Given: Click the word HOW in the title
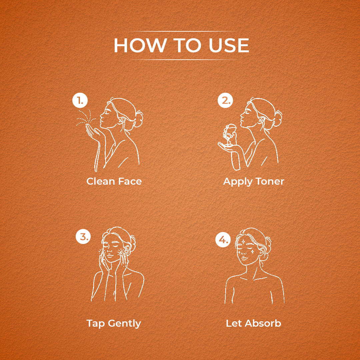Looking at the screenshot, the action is click(x=140, y=45).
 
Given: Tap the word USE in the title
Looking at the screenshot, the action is click(x=229, y=45).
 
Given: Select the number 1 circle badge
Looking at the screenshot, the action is click(x=80, y=100).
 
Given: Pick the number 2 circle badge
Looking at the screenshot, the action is click(x=225, y=100).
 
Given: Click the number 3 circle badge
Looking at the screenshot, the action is click(x=83, y=236).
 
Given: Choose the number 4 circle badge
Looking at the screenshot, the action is click(x=223, y=240).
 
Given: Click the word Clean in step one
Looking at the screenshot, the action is click(x=101, y=181).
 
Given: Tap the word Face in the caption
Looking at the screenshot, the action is click(x=130, y=181).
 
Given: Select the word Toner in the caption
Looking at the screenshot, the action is click(x=270, y=181).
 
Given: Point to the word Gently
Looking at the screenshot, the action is click(x=124, y=324).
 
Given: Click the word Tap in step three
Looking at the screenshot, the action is click(x=96, y=324).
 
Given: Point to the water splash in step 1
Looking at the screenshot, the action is click(x=85, y=117).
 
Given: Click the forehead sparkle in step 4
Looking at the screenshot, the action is click(x=243, y=242).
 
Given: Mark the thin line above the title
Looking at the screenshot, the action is click(x=181, y=31).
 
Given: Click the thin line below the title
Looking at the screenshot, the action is click(x=184, y=60).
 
